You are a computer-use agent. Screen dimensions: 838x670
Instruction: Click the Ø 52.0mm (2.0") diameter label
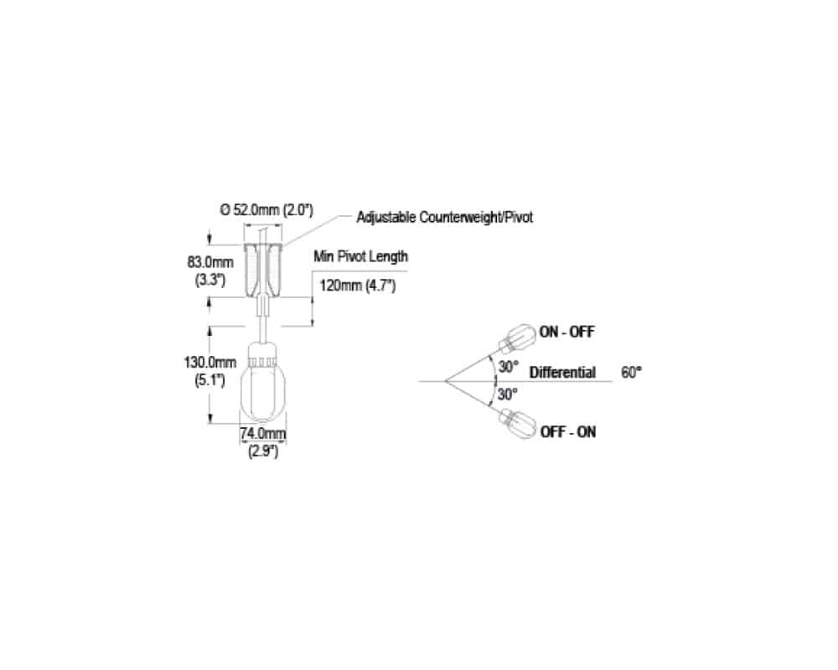(x=266, y=209)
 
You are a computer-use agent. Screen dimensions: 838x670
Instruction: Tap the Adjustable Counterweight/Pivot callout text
(x=445, y=218)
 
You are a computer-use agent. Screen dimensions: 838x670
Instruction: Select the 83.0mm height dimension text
(x=210, y=262)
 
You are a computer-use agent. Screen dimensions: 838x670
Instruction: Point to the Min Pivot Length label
(x=360, y=256)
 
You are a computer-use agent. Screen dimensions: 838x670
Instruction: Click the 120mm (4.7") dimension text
(x=358, y=286)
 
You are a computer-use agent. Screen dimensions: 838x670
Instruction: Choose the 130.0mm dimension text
(x=210, y=363)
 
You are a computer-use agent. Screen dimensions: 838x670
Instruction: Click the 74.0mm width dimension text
(x=263, y=433)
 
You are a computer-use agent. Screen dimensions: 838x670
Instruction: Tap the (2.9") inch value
(x=263, y=451)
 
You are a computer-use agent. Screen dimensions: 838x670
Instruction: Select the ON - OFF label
(x=567, y=332)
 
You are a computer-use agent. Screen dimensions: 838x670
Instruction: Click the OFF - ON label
(x=568, y=431)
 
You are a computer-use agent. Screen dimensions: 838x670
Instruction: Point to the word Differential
(x=562, y=373)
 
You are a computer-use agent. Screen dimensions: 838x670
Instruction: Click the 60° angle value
(x=631, y=373)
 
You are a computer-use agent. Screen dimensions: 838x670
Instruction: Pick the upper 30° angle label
(x=509, y=367)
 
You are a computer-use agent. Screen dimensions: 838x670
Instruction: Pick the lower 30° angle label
(x=508, y=394)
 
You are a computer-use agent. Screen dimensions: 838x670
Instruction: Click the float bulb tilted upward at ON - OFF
(x=517, y=338)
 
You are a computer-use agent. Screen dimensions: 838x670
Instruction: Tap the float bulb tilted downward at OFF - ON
(x=517, y=424)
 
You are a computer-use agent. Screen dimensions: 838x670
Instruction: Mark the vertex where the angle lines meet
(x=445, y=381)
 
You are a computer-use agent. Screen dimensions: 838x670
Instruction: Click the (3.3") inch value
(x=210, y=280)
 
